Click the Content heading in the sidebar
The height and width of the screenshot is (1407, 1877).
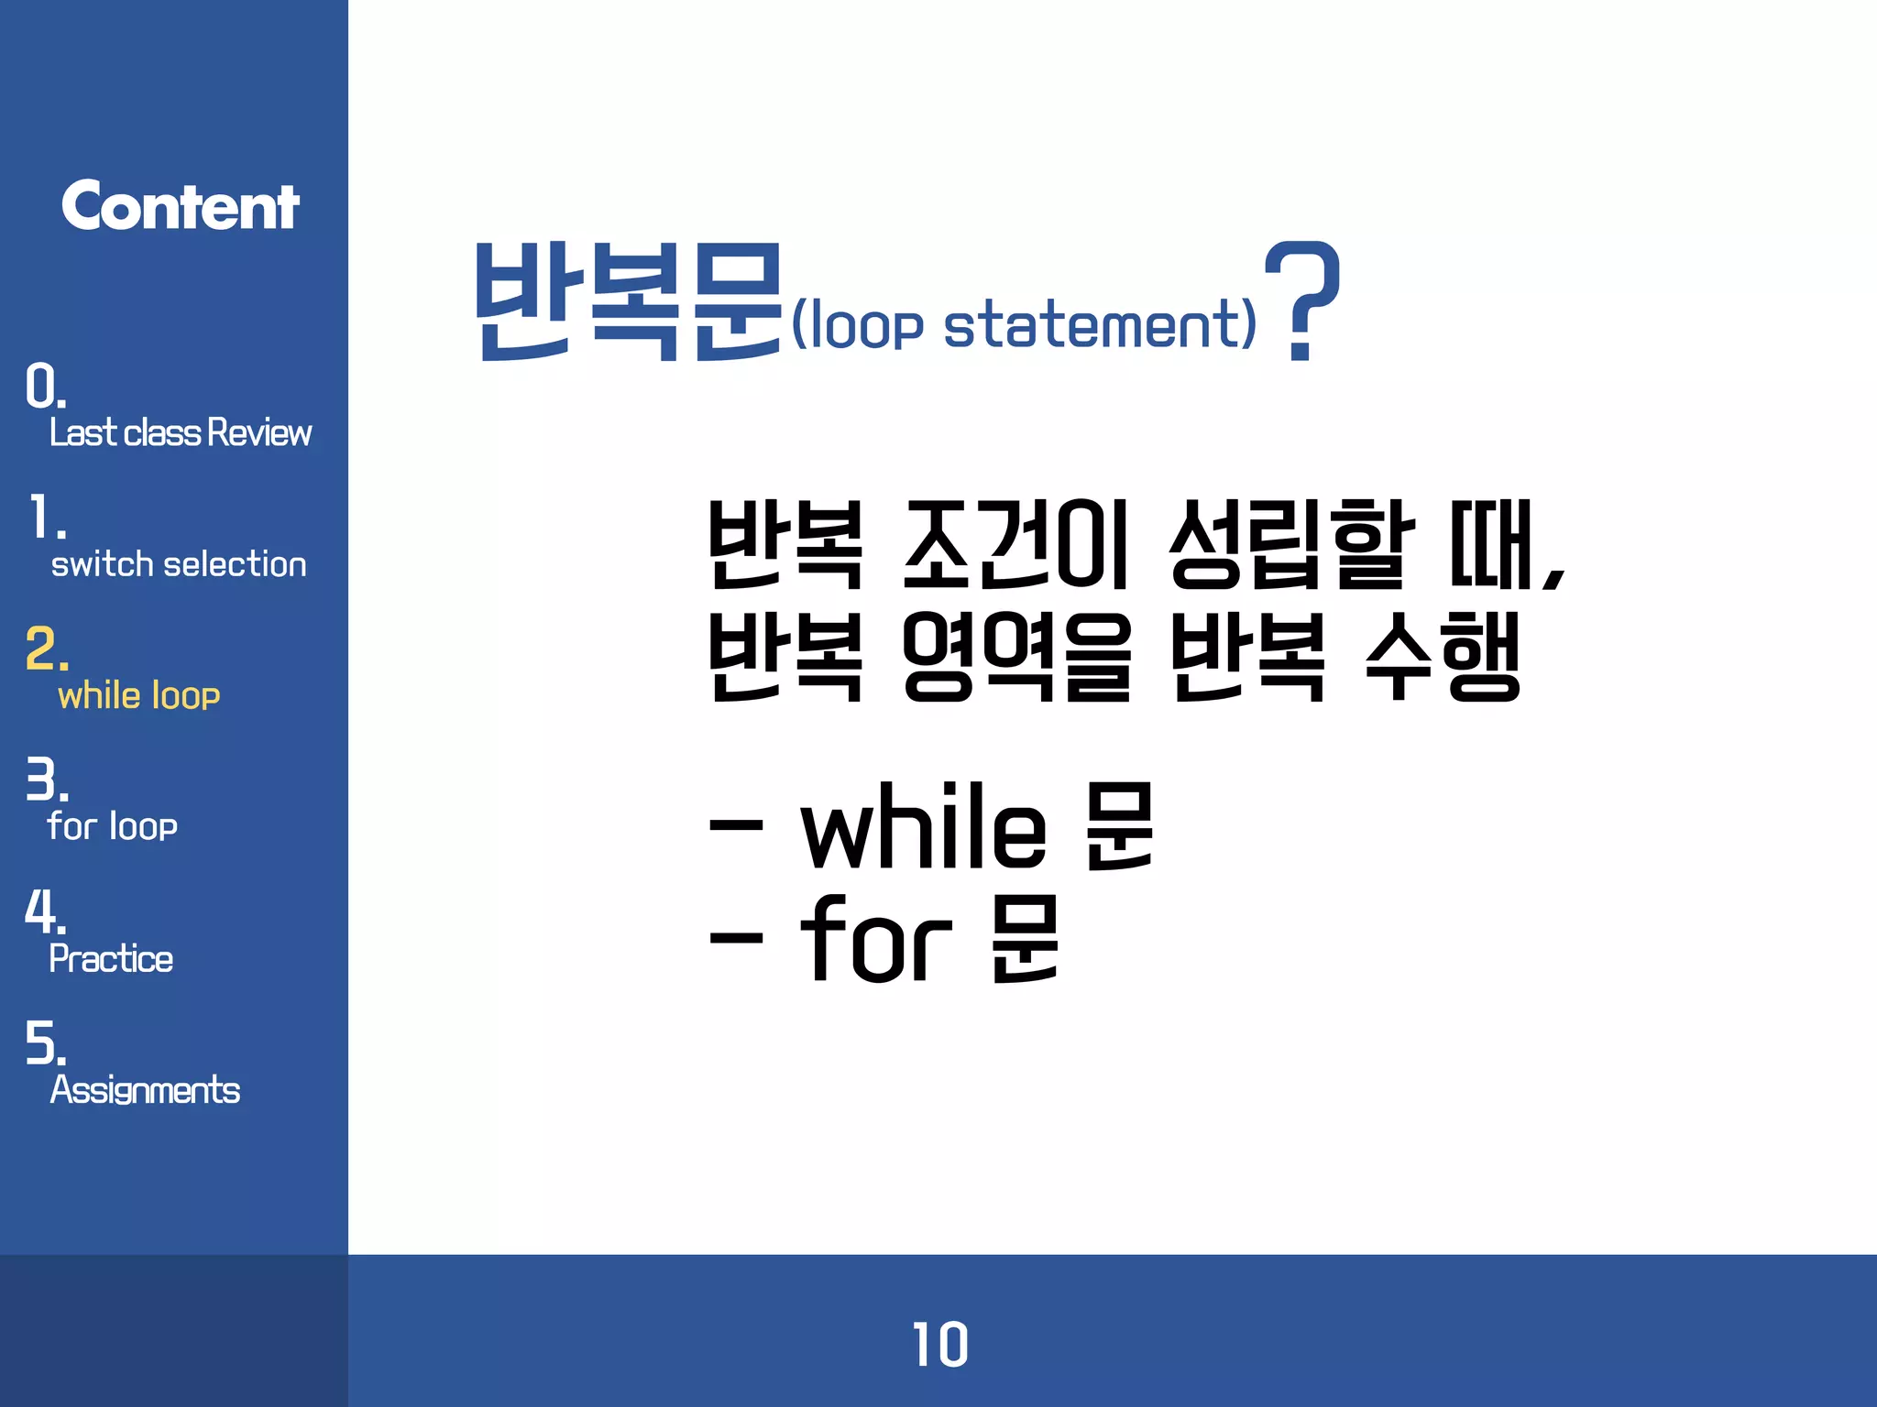pyautogui.click(x=181, y=206)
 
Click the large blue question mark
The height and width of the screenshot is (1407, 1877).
pyautogui.click(x=1302, y=300)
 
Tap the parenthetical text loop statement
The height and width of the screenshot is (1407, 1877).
pyautogui.click(x=1023, y=325)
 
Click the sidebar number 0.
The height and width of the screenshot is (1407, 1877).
pyautogui.click(x=44, y=387)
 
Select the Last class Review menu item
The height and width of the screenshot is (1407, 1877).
pyautogui.click(x=181, y=432)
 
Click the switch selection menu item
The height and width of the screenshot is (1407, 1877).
pyautogui.click(x=179, y=564)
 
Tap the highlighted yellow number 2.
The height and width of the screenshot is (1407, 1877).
pyautogui.click(x=46, y=649)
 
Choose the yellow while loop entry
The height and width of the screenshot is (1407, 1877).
pyautogui.click(x=139, y=696)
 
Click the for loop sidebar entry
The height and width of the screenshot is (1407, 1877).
pyautogui.click(x=113, y=826)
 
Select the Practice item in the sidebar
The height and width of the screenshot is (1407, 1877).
pyautogui.click(x=111, y=959)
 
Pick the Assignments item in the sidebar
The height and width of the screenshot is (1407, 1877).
pyautogui.click(x=145, y=1090)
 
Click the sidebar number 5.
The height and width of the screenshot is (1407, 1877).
pyautogui.click(x=45, y=1043)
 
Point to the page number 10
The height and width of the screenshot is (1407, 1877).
pyautogui.click(x=939, y=1345)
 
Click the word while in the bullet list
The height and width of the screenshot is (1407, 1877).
pyautogui.click(x=923, y=827)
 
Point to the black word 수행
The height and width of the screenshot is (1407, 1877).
pyautogui.click(x=1443, y=656)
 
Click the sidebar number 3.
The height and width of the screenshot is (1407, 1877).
pyautogui.click(x=46, y=780)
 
